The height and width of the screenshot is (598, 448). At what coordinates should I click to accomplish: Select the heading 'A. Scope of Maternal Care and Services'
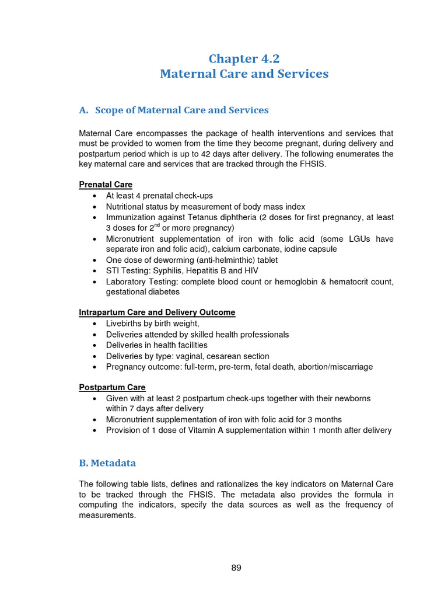174,110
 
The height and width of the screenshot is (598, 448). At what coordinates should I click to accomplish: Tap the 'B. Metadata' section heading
107,463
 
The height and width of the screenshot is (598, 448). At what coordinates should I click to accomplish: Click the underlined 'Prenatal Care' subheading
106,185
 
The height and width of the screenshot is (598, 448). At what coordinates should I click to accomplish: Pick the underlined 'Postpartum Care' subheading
112,387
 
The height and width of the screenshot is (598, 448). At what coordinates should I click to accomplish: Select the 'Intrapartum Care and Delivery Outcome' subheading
157,312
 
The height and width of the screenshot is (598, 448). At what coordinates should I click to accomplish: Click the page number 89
236,568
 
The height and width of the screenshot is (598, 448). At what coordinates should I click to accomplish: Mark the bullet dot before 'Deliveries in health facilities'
94,345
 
